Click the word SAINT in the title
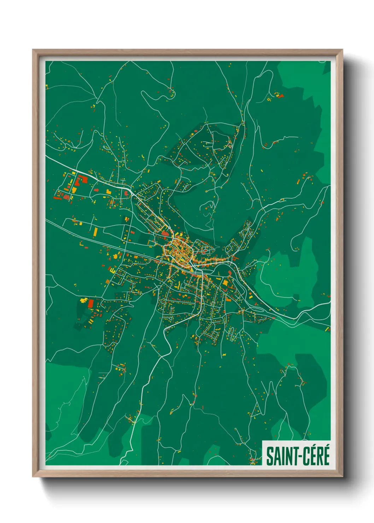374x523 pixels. pyautogui.click(x=280, y=456)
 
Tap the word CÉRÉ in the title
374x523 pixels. pyautogui.click(x=315, y=456)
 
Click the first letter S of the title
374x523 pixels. pyautogui.click(x=269, y=456)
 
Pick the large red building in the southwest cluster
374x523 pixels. pyautogui.click(x=91, y=303)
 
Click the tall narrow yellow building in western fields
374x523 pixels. pyautogui.click(x=95, y=232)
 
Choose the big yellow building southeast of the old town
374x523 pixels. pyautogui.click(x=225, y=282)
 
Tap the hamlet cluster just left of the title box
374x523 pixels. pyautogui.click(x=253, y=459)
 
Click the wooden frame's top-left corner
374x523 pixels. pyautogui.click(x=33, y=50)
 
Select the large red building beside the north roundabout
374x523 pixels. pyautogui.click(x=165, y=233)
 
